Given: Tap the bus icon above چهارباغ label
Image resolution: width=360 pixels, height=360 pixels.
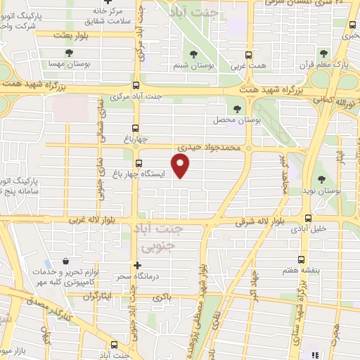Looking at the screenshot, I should coord(136,128).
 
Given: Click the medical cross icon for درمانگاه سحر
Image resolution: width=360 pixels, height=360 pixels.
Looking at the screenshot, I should coord(138,266).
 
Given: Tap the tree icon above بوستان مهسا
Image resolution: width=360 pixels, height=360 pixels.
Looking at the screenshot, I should coord(67,53).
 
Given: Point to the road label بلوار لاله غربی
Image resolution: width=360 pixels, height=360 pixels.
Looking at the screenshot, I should coord(93,221).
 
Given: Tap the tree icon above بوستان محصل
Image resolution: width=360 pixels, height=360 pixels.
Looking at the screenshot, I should coord(237,109).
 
